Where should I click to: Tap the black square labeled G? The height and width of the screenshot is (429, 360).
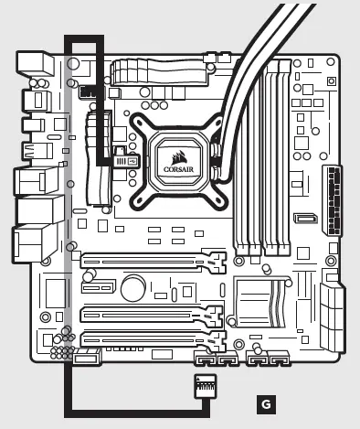pyautogui.click(x=265, y=402)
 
